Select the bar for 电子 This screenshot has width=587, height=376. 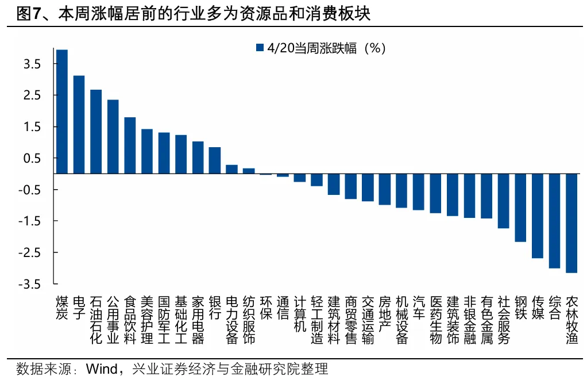[x=79, y=124]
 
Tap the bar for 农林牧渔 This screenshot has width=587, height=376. [x=571, y=223]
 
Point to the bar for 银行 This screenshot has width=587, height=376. [x=215, y=160]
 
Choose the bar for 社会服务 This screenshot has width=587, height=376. [x=503, y=201]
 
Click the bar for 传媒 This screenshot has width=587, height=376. [x=538, y=216]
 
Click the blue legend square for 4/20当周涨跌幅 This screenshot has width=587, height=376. [x=260, y=48]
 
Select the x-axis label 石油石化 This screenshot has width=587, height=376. [x=96, y=320]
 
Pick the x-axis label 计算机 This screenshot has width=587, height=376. [x=300, y=314]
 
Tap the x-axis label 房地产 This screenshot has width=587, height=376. [x=385, y=314]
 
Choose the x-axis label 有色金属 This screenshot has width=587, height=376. [x=486, y=320]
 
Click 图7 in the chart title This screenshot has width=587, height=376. [x=28, y=14]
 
